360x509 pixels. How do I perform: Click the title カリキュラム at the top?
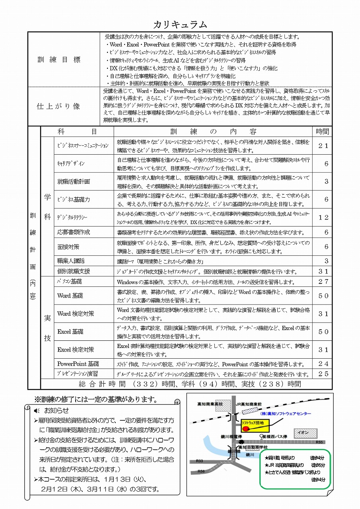coord(180,25)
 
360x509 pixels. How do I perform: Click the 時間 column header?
coord(323,132)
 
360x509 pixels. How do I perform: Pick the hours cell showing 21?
coord(323,146)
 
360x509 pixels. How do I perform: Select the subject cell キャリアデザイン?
coord(71,163)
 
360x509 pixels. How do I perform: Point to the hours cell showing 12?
coord(323,217)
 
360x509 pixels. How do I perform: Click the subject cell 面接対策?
coord(68,247)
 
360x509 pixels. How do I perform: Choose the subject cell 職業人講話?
coord(71,261)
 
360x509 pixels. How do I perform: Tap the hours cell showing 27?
coord(323,282)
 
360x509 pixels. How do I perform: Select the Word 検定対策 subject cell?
coord(76,313)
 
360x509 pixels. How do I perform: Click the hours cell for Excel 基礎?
coord(323,332)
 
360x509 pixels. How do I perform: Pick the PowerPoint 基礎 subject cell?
coord(78,364)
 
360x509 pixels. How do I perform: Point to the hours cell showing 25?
coord(323,374)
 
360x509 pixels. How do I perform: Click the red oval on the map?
coord(245,428)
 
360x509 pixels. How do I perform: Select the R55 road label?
coord(319,442)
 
